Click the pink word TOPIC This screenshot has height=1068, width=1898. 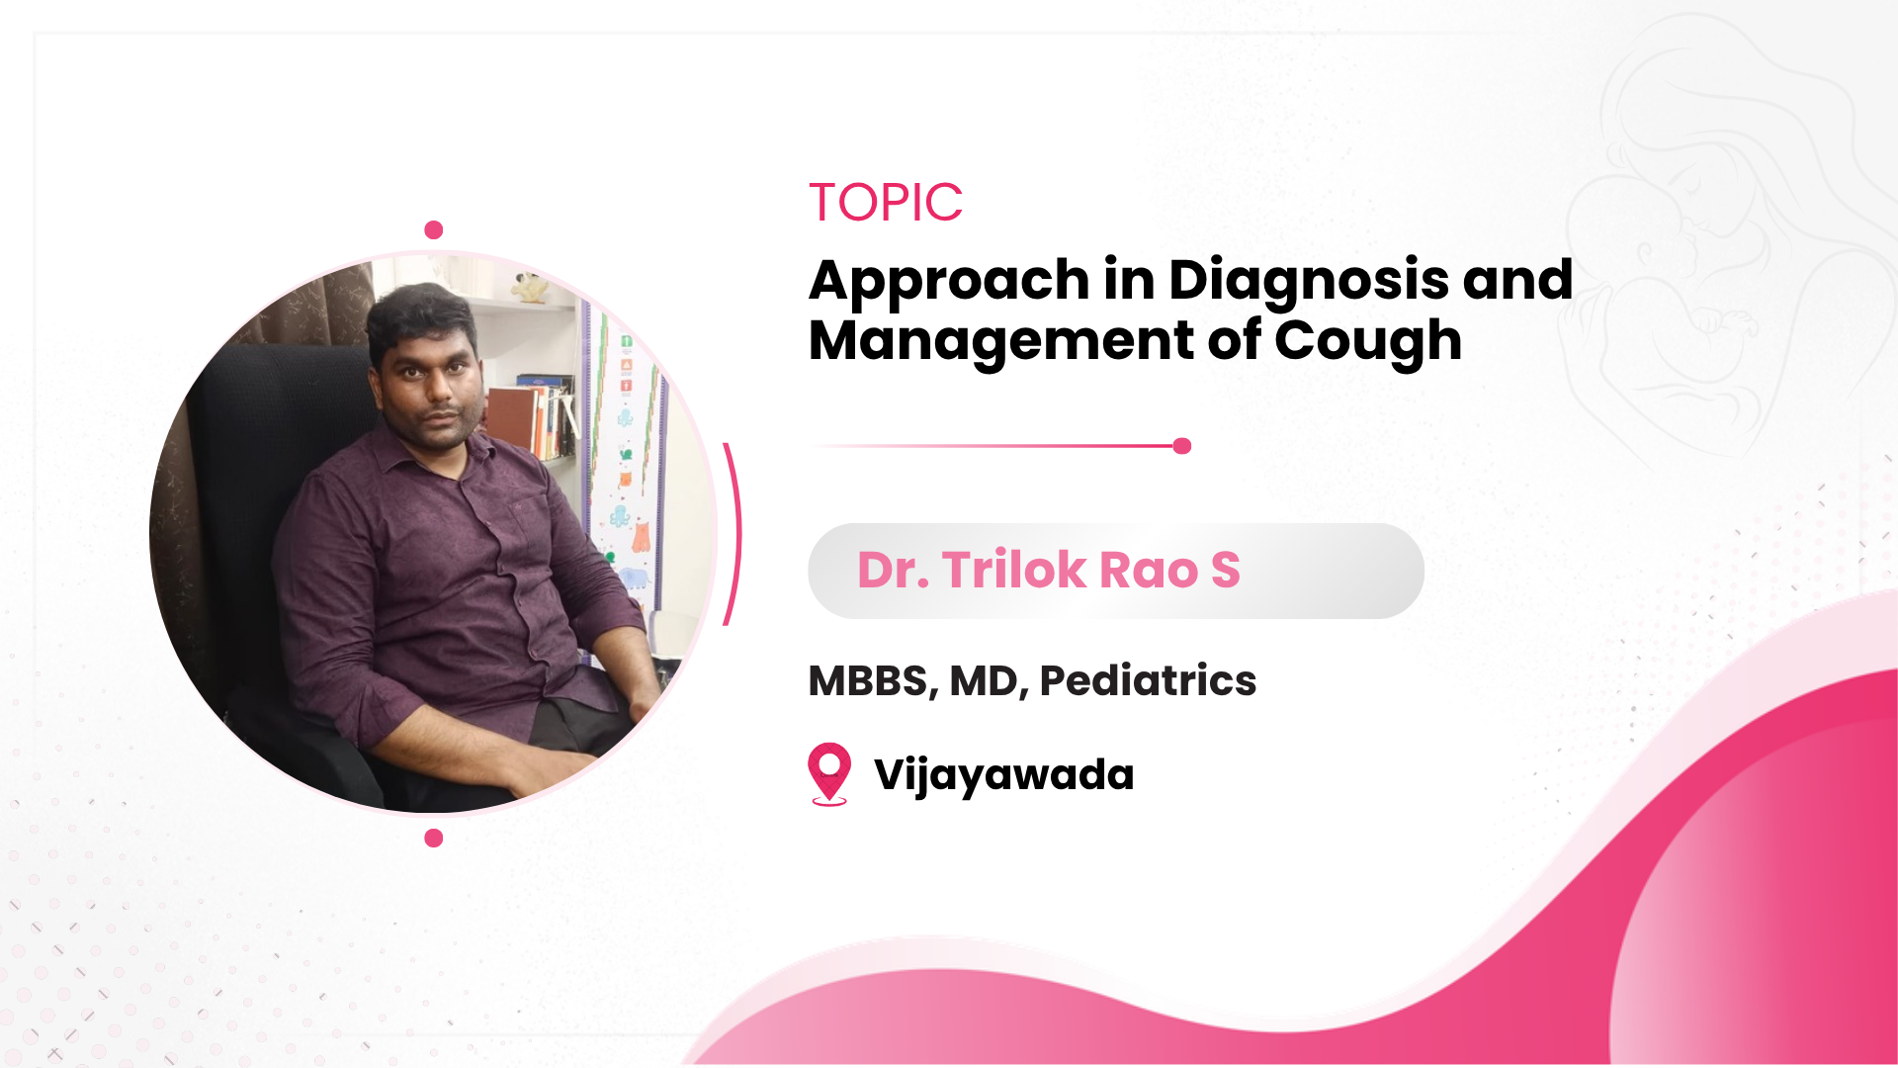[886, 203]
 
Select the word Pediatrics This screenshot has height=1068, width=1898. [1148, 680]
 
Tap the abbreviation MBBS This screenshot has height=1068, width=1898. [871, 681]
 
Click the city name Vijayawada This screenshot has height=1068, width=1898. [1004, 775]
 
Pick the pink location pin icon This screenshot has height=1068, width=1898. [829, 772]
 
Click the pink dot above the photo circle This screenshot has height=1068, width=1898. [433, 230]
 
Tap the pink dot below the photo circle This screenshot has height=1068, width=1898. [433, 839]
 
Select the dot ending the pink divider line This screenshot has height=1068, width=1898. [1181, 446]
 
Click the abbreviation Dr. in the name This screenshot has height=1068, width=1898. [894, 571]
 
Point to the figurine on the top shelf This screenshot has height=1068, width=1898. [531, 287]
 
